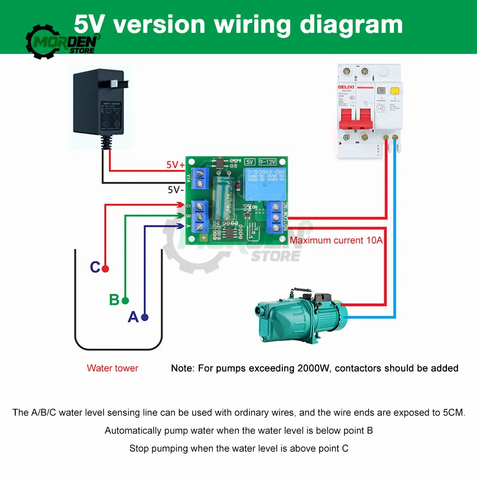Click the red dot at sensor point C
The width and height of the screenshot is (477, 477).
105,268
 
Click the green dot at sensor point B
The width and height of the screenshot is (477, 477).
125,301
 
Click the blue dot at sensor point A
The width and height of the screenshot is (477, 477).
145,317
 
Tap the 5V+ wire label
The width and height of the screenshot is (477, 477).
175,165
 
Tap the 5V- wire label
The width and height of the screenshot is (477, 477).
175,189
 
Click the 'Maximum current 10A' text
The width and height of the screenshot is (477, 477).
336,240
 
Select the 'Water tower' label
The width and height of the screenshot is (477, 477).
113,368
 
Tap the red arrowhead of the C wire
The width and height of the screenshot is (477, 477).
181,205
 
